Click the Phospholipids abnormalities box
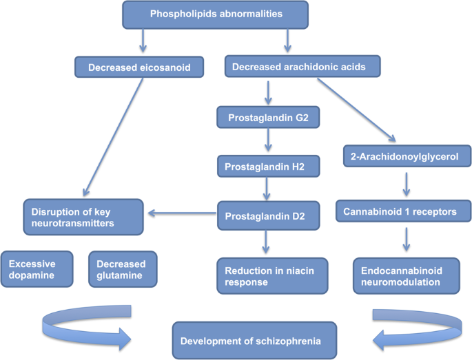(x=216, y=14)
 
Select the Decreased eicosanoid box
(x=139, y=67)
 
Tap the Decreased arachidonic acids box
(x=303, y=67)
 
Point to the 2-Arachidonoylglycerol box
(x=406, y=157)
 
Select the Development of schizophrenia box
(x=254, y=340)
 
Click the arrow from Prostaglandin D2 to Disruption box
(x=181, y=214)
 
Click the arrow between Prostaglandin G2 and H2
(x=267, y=142)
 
